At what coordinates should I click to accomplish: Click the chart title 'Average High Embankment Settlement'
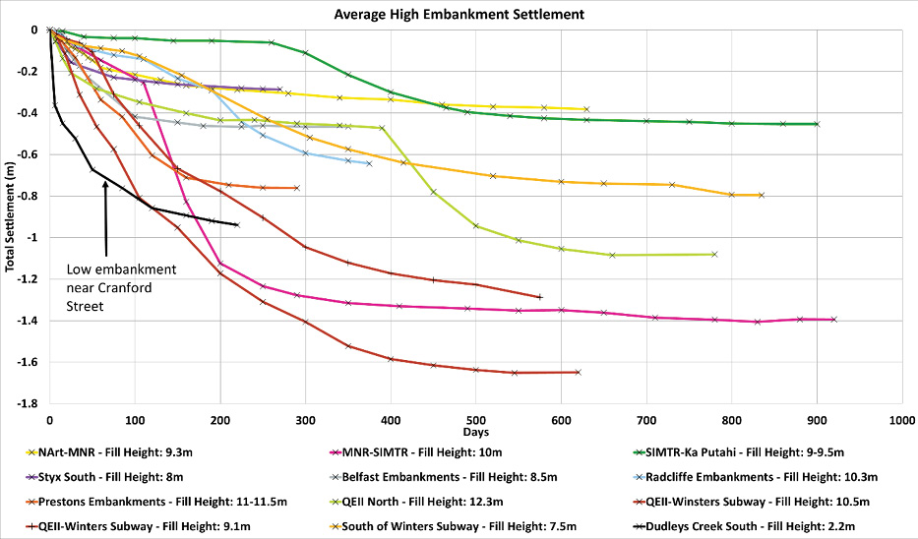pos(459,14)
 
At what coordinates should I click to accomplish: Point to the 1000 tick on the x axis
pos(902,419)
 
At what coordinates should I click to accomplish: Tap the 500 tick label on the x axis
pos(475,419)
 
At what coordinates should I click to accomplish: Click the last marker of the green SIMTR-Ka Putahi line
pos(817,124)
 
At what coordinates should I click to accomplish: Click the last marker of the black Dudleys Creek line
pos(237,224)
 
